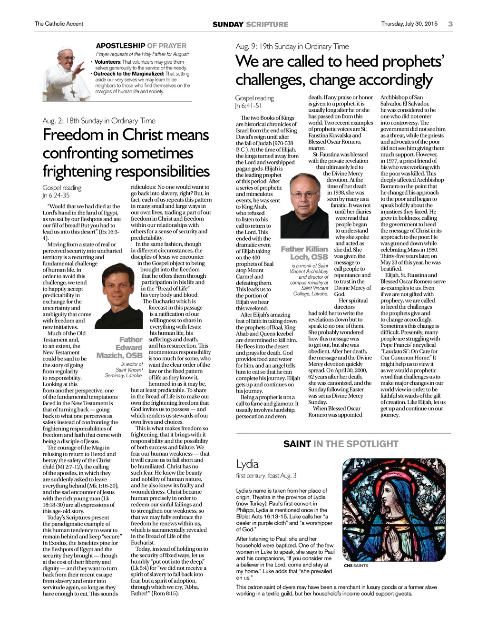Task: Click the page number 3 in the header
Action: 450,24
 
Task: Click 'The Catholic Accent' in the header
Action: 58,24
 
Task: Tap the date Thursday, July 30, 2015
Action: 409,24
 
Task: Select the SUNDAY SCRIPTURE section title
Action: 250,24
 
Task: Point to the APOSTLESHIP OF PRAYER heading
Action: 141,46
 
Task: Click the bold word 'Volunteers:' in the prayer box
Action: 107,62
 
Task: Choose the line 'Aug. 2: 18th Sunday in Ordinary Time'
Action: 99,121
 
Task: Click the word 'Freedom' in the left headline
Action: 74,135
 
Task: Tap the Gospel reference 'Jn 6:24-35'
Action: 56,195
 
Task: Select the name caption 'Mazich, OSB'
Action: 119,355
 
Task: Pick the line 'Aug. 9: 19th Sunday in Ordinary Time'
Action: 292,47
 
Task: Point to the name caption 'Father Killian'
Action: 304,249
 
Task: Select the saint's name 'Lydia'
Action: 247,464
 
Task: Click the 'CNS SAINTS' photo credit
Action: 356,566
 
